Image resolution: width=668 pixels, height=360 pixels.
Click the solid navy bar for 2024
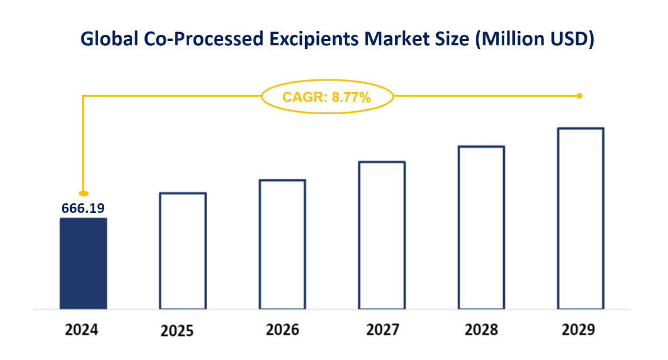tap(83, 263)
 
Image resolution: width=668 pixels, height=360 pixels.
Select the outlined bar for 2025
tap(183, 251)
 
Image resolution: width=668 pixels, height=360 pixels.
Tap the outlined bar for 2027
tap(382, 235)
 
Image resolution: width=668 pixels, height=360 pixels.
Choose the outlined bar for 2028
tap(481, 227)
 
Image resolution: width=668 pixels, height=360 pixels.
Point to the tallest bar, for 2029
tap(581, 218)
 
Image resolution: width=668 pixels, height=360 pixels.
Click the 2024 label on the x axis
tap(82, 330)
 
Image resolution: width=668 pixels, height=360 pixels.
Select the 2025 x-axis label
tap(177, 331)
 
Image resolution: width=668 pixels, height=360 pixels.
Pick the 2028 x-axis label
tap(481, 330)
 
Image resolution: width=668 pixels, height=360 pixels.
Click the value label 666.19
tap(82, 209)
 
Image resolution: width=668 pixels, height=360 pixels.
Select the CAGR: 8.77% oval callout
tap(327, 97)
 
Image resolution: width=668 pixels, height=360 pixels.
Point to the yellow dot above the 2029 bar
tap(579, 96)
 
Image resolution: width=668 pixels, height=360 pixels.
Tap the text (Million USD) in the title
tap(534, 39)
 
